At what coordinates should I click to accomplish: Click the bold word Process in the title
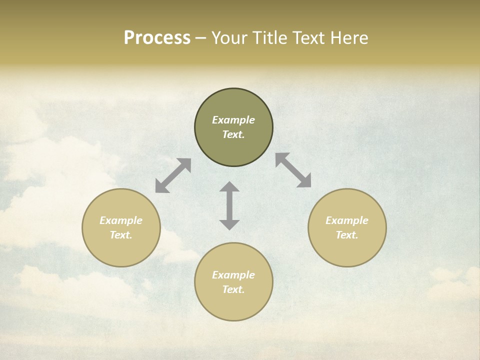(157, 38)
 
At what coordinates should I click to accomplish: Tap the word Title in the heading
(270, 38)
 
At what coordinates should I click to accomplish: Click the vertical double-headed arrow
(229, 206)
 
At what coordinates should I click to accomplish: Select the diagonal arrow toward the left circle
(173, 175)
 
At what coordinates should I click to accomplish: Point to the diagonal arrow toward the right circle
(293, 170)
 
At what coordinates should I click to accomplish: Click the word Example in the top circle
(233, 120)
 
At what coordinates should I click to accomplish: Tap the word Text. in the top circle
(233, 134)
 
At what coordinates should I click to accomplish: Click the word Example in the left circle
(121, 220)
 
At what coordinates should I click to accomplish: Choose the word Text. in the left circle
(121, 235)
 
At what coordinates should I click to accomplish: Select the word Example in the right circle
(347, 220)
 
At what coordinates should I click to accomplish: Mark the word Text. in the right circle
(347, 235)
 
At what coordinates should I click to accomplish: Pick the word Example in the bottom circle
(233, 275)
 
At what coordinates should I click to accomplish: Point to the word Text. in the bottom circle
(233, 289)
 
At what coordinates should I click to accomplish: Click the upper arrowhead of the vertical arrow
(229, 187)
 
